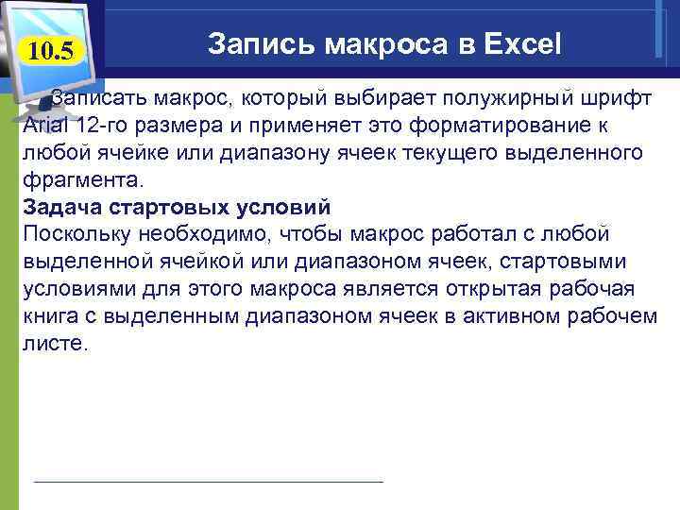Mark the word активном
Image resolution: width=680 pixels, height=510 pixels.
(516, 316)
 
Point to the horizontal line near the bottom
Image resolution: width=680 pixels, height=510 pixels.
(208, 482)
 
